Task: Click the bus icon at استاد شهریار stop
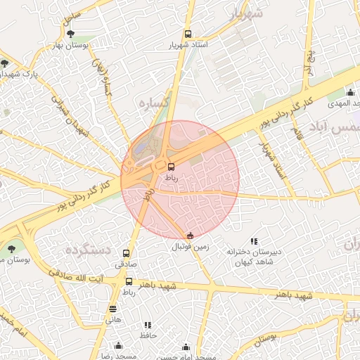(x=188, y=34)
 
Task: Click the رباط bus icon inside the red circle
(x=172, y=167)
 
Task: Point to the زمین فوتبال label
(x=191, y=247)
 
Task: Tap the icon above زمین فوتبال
(x=190, y=236)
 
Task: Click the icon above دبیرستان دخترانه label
(x=254, y=240)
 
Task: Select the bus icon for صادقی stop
(x=127, y=253)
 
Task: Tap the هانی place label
(x=113, y=319)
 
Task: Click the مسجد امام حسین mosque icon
(x=186, y=347)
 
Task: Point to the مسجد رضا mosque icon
(x=117, y=345)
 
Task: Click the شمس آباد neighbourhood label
(x=343, y=128)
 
